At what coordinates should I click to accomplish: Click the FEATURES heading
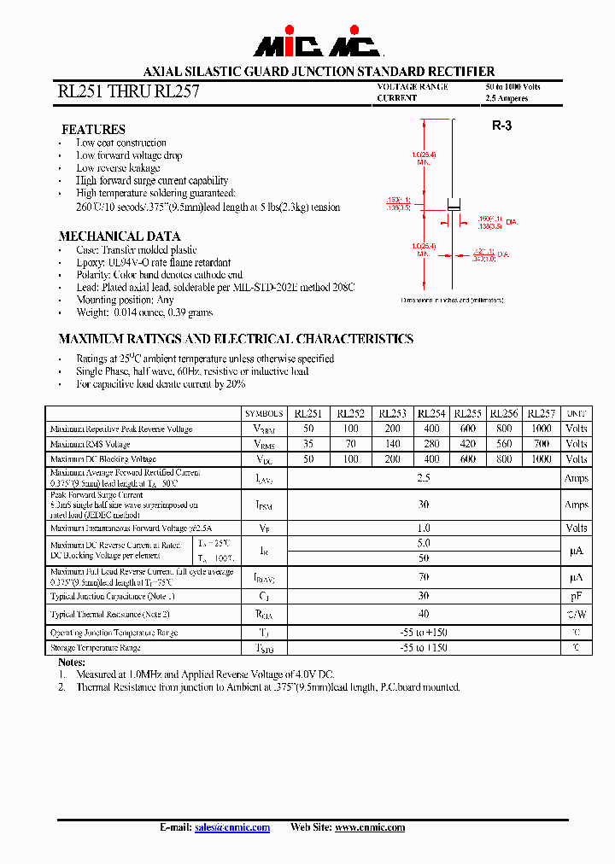pyautogui.click(x=93, y=130)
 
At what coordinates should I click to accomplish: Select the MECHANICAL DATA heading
pyautogui.click(x=120, y=236)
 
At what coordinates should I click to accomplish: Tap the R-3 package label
pyautogui.click(x=501, y=126)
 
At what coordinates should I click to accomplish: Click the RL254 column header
pyautogui.click(x=431, y=413)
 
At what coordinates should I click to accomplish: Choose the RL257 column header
pyautogui.click(x=541, y=413)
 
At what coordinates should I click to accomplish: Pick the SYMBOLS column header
pyautogui.click(x=264, y=413)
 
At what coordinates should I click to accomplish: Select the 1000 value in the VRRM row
pyautogui.click(x=541, y=429)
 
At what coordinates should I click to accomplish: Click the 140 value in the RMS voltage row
pyautogui.click(x=393, y=444)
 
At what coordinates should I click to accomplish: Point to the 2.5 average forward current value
pyautogui.click(x=424, y=479)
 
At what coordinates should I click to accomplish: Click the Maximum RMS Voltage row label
pyautogui.click(x=91, y=444)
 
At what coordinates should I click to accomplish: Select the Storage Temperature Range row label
pyautogui.click(x=95, y=648)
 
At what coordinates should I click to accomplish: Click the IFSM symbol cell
pyautogui.click(x=264, y=505)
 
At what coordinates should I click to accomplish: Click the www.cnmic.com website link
pyautogui.click(x=370, y=827)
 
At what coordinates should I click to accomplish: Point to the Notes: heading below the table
pyautogui.click(x=72, y=663)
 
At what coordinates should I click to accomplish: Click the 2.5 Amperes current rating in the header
pyautogui.click(x=507, y=98)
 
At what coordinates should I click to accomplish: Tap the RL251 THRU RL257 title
pyautogui.click(x=128, y=91)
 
